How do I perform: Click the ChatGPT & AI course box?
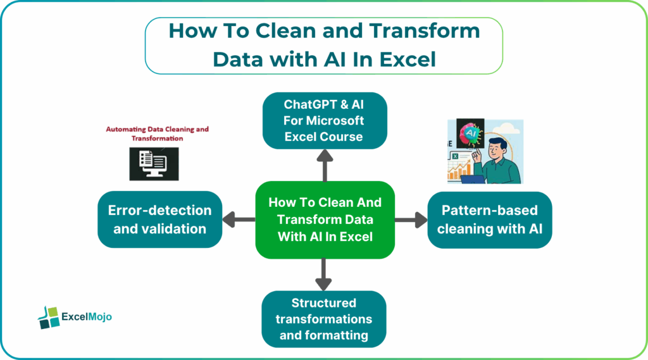tap(324, 120)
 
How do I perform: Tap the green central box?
tap(325, 220)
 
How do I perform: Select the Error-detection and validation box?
tap(160, 220)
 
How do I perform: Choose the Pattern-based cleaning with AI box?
tap(489, 220)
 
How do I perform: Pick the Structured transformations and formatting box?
tap(324, 319)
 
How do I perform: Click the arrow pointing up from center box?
tap(324, 166)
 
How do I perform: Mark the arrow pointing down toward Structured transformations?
tap(324, 274)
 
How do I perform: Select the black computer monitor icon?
tap(154, 163)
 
